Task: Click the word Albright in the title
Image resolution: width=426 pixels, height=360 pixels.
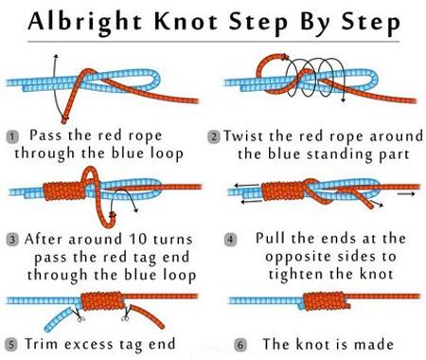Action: [85, 22]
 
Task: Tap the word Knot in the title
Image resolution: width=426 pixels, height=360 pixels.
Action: [186, 22]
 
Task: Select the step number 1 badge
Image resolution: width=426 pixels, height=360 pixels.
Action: [12, 136]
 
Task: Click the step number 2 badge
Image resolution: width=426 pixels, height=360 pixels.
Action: [214, 137]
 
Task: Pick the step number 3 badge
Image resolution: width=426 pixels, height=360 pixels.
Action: [12, 240]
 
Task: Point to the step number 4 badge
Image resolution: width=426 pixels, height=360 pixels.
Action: [230, 240]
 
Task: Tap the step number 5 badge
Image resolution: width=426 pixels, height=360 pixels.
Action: [11, 344]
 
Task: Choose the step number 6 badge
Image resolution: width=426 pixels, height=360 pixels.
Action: [240, 345]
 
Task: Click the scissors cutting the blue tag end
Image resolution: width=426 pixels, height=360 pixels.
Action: [79, 315]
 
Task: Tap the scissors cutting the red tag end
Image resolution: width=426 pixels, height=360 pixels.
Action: [126, 315]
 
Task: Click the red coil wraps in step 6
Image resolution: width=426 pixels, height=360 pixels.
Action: [325, 301]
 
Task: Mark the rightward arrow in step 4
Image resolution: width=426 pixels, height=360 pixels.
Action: [406, 194]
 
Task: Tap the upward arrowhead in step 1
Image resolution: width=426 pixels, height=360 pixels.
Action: [56, 56]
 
